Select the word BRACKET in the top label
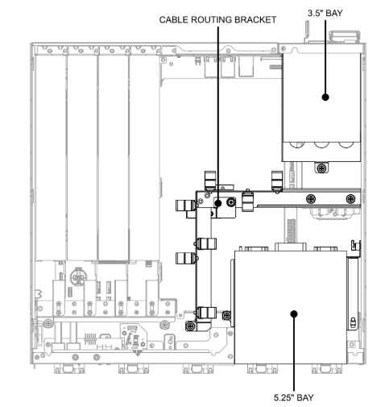[255, 20]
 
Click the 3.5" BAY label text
[325, 13]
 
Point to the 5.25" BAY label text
[293, 397]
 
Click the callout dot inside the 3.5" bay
[325, 97]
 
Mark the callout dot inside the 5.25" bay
[294, 314]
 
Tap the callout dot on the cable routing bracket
[218, 203]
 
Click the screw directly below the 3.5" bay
[321, 168]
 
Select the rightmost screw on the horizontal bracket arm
[350, 199]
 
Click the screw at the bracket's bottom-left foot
[190, 326]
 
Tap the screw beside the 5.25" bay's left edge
[226, 315]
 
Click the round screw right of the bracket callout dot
[231, 202]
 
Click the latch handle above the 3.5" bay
[345, 36]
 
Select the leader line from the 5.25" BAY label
[294, 352]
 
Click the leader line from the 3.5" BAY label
[325, 59]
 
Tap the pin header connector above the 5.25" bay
[292, 230]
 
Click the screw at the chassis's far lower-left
[48, 323]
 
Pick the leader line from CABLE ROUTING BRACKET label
[218, 114]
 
